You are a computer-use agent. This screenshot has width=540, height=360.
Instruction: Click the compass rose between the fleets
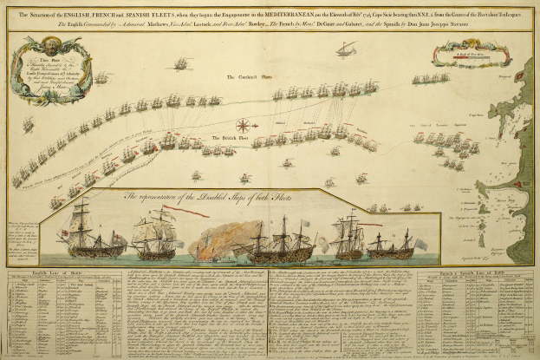pos(244,127)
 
